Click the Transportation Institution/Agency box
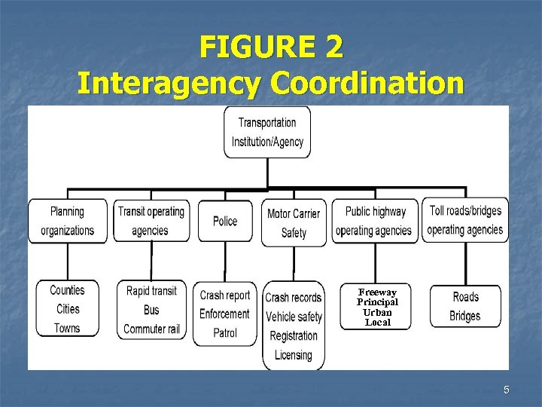pyautogui.click(x=267, y=132)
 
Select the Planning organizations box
pyautogui.click(x=68, y=221)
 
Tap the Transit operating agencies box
pyautogui.click(x=151, y=221)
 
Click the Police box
pyautogui.click(x=225, y=221)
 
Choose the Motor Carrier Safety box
pyautogui.click(x=294, y=222)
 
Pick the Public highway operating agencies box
pyautogui.click(x=374, y=221)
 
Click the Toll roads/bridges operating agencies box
pyautogui.click(x=464, y=220)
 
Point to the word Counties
pyautogui.click(x=68, y=290)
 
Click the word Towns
pyautogui.click(x=67, y=328)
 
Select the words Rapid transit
pyautogui.click(x=151, y=291)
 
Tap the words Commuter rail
pyautogui.click(x=151, y=329)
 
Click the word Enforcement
pyautogui.click(x=224, y=314)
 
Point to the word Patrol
pyautogui.click(x=224, y=332)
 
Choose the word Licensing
pyautogui.click(x=294, y=354)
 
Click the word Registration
pyautogui.click(x=294, y=335)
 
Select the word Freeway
pyautogui.click(x=377, y=292)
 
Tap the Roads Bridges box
pyautogui.click(x=464, y=307)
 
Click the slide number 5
pyautogui.click(x=507, y=390)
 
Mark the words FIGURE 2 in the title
pyautogui.click(x=271, y=47)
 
